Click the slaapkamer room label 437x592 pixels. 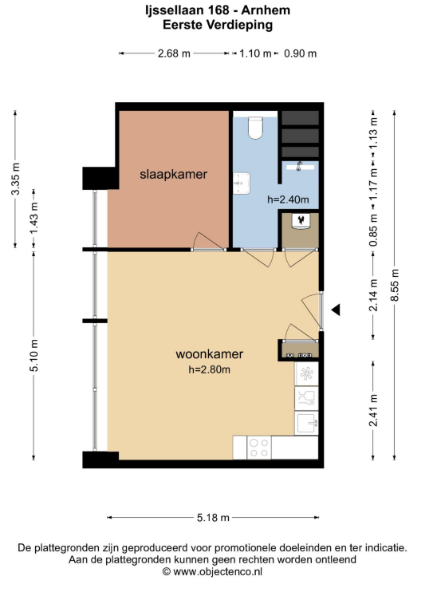click(173, 175)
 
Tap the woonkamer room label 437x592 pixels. click(210, 354)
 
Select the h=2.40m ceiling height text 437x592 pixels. click(288, 199)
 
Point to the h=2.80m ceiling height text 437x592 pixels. click(210, 369)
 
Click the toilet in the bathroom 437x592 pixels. click(255, 127)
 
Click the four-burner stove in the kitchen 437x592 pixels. click(259, 448)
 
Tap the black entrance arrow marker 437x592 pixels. click(336, 310)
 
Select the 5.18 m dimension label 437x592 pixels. click(213, 517)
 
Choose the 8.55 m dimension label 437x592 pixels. click(395, 285)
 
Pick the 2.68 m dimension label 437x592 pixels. click(174, 53)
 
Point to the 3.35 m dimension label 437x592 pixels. click(15, 179)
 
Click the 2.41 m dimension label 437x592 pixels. click(373, 410)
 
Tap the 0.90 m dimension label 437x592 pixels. click(300, 53)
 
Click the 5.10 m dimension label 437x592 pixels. click(34, 355)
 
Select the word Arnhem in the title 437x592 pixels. click(266, 10)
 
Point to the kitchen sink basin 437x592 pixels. click(306, 423)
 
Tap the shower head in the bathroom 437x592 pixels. click(300, 165)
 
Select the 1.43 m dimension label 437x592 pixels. click(34, 218)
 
